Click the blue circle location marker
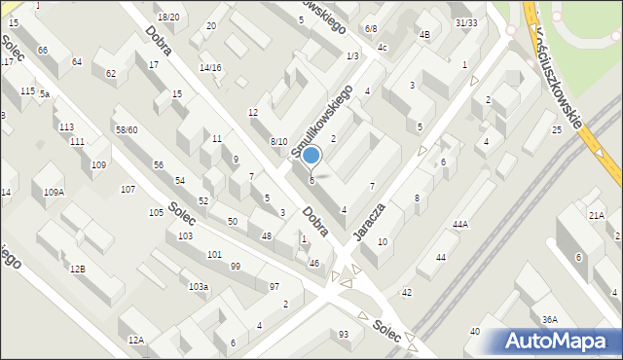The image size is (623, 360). pos(311,155)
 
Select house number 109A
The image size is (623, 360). pos(54,193)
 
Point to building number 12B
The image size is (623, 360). pos(76,268)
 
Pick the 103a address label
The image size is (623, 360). pos(199,286)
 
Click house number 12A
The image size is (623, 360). pos(135,340)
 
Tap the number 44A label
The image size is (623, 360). pos(460,225)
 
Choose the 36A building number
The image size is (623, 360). pos(550,319)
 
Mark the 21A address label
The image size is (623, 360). pos(597,215)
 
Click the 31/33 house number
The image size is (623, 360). pos(466,21)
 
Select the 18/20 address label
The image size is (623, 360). pos(168,17)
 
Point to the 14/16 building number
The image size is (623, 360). pos(210,67)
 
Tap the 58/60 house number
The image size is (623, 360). pos(127,129)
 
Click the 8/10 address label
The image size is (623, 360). pos(278,141)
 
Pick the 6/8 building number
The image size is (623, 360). pos(371,29)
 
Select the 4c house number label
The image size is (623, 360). pos(383,47)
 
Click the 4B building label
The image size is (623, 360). pos(424,35)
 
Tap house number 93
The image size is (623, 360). pos(344,335)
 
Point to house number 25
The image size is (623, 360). pos(557,129)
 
